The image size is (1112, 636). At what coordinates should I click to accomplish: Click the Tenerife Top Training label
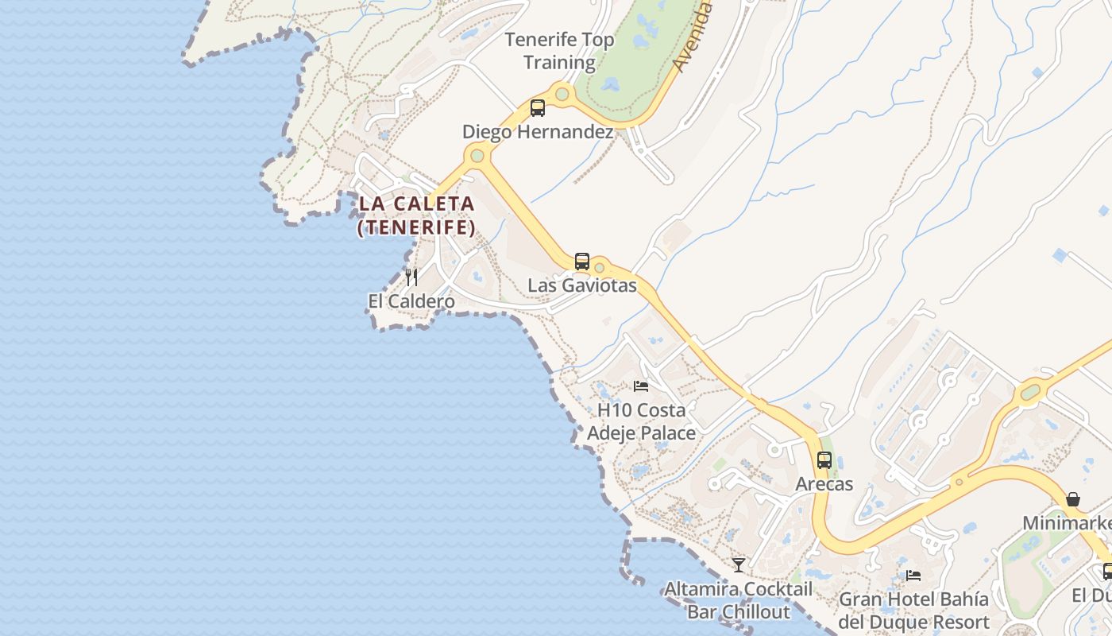[559, 51]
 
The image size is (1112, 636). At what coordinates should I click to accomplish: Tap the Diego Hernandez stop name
[538, 132]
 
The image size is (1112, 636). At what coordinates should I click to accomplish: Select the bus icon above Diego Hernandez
[538, 107]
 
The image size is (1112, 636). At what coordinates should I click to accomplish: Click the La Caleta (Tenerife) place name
[416, 215]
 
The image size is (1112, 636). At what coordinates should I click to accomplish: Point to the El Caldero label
[411, 301]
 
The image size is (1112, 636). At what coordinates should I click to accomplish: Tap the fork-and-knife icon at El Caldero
[411, 277]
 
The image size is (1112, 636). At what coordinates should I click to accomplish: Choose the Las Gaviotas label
[582, 285]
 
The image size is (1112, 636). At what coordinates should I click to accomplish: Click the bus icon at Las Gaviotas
[582, 261]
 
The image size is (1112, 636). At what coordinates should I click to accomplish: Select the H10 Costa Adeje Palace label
[641, 422]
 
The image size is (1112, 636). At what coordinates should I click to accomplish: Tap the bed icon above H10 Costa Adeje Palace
[641, 386]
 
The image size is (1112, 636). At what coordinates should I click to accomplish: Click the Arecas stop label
[824, 483]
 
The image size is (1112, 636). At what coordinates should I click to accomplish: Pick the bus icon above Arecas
[824, 460]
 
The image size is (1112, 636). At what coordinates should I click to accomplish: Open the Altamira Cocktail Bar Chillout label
[739, 600]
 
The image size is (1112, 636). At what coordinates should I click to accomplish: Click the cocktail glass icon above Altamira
[739, 564]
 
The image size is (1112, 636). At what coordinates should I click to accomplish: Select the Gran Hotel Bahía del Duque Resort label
[913, 611]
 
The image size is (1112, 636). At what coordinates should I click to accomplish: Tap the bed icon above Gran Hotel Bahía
[913, 575]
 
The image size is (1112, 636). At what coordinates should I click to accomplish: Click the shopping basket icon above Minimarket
[1073, 499]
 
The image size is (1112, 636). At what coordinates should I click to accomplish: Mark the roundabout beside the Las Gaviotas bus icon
[600, 268]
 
